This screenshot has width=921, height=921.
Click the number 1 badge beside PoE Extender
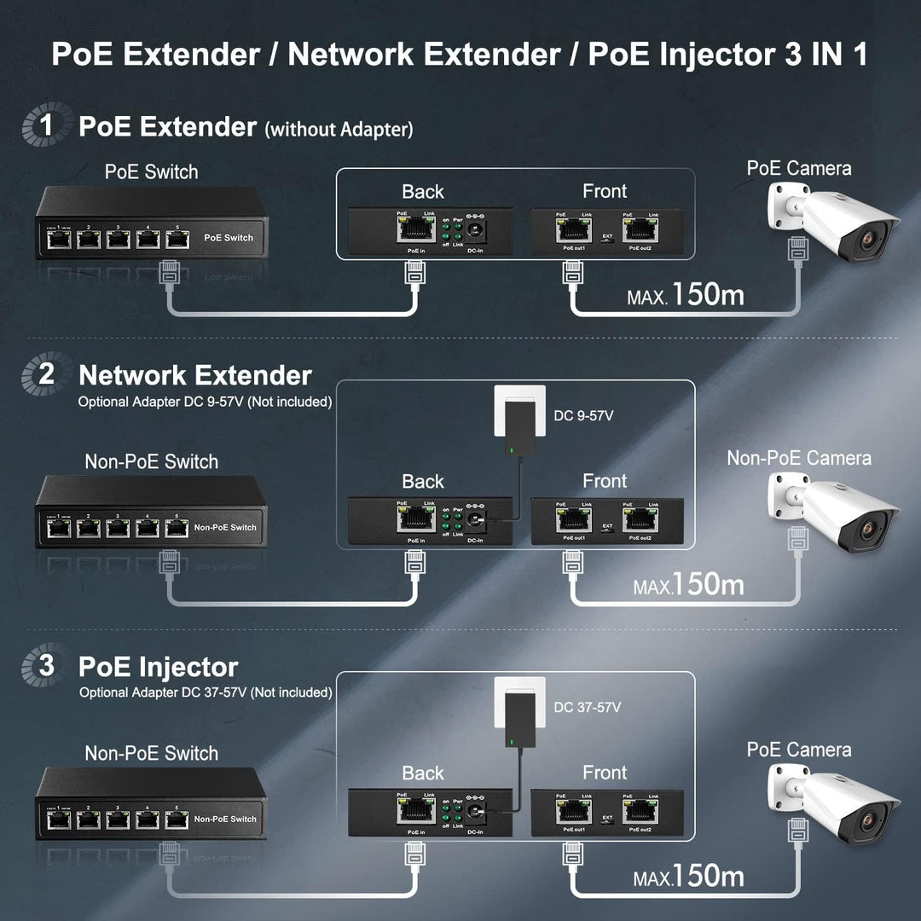pyautogui.click(x=44, y=125)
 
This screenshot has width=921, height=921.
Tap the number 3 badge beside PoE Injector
pyautogui.click(x=44, y=666)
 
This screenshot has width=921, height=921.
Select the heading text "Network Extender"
pyautogui.click(x=195, y=375)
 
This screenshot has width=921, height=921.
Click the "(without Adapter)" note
pyautogui.click(x=339, y=130)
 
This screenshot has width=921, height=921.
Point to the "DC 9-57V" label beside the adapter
pyautogui.click(x=583, y=416)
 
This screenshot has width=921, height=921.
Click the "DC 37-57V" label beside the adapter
pyautogui.click(x=588, y=707)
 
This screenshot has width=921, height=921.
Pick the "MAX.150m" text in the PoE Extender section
pyautogui.click(x=686, y=295)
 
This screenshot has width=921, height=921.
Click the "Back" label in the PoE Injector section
pyautogui.click(x=423, y=773)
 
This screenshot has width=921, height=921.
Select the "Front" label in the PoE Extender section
pyautogui.click(x=605, y=191)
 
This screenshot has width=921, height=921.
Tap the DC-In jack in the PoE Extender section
pyautogui.click(x=474, y=230)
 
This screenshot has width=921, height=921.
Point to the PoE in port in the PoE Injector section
pyautogui.click(x=415, y=810)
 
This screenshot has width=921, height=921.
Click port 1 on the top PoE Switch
pyautogui.click(x=59, y=240)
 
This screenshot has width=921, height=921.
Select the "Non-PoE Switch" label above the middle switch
pyautogui.click(x=151, y=461)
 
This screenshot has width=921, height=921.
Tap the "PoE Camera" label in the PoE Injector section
pyautogui.click(x=798, y=750)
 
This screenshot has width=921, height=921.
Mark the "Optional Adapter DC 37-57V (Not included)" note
pyautogui.click(x=206, y=692)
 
